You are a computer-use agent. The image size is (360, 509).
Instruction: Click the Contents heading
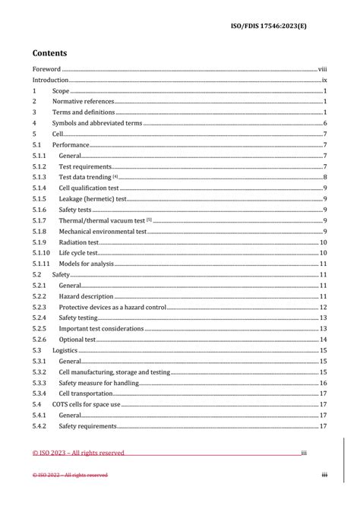coord(49,53)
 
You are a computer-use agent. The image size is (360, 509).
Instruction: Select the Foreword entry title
coord(47,68)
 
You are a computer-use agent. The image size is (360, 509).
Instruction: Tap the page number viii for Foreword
coord(322,68)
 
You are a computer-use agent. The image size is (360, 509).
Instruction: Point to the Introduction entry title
coord(50,79)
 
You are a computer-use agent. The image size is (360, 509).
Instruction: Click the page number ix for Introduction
coord(324,79)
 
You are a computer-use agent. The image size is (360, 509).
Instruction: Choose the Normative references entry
coord(83,101)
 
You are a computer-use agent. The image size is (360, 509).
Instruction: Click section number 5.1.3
coord(39,177)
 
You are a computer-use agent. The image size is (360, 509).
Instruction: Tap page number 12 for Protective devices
coord(323,307)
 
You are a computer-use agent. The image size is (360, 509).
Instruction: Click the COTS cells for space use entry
coord(86,405)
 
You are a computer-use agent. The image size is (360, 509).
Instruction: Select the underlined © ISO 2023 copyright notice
coord(78,453)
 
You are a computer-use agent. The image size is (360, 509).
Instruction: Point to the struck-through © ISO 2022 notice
coord(70,475)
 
